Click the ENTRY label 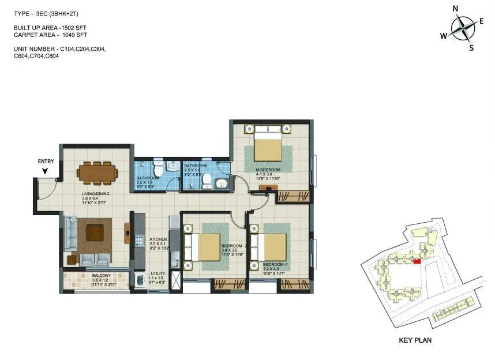[x=46, y=162]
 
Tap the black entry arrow [x=45, y=170]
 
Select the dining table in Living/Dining [x=97, y=172]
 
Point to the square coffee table [x=95, y=232]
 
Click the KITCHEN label [x=158, y=239]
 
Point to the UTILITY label [x=158, y=273]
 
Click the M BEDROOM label [x=268, y=170]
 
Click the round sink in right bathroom [x=220, y=184]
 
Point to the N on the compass [x=455, y=8]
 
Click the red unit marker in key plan [x=417, y=261]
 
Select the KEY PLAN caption [x=415, y=340]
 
